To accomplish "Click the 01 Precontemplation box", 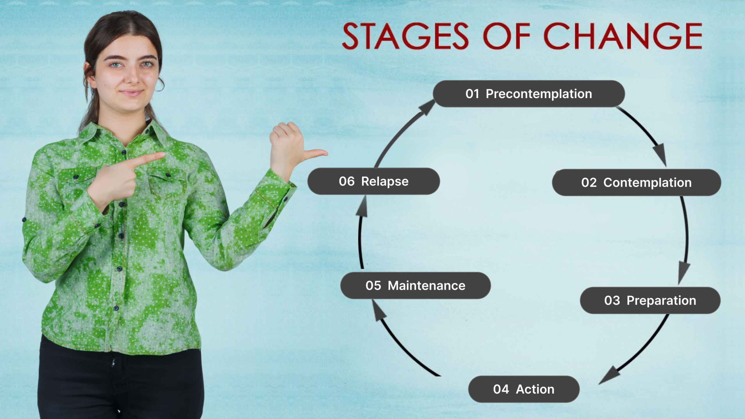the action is coord(529,94).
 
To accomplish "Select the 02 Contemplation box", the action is coord(636,182).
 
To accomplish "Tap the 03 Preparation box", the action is coord(650,300).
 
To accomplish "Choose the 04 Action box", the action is coord(524,389).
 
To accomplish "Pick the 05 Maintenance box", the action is coord(416,285).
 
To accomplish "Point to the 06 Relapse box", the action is coord(374,181).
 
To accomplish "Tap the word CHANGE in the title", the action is coord(623,36).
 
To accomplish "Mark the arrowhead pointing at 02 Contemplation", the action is coord(660,155).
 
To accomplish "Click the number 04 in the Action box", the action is coord(501,389).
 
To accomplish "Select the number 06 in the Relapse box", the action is coord(347,181).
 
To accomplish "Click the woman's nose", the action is coord(133,78).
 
